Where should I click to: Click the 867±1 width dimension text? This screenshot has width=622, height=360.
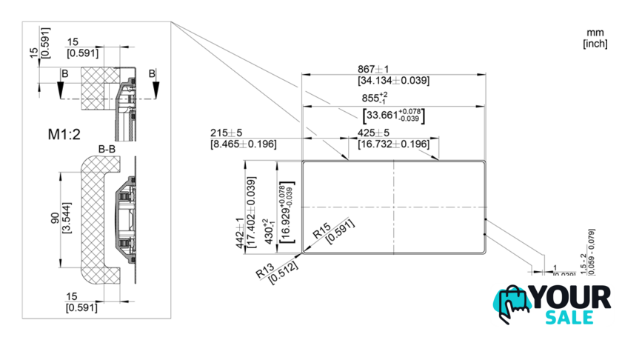click(x=393, y=70)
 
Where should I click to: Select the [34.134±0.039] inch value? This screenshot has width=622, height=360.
click(x=393, y=80)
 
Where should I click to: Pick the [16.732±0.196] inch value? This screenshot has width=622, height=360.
click(x=393, y=144)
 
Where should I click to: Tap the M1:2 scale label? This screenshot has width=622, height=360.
click(x=65, y=135)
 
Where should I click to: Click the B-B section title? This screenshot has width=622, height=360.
click(x=107, y=149)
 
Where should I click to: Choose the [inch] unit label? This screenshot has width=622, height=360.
click(x=595, y=44)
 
